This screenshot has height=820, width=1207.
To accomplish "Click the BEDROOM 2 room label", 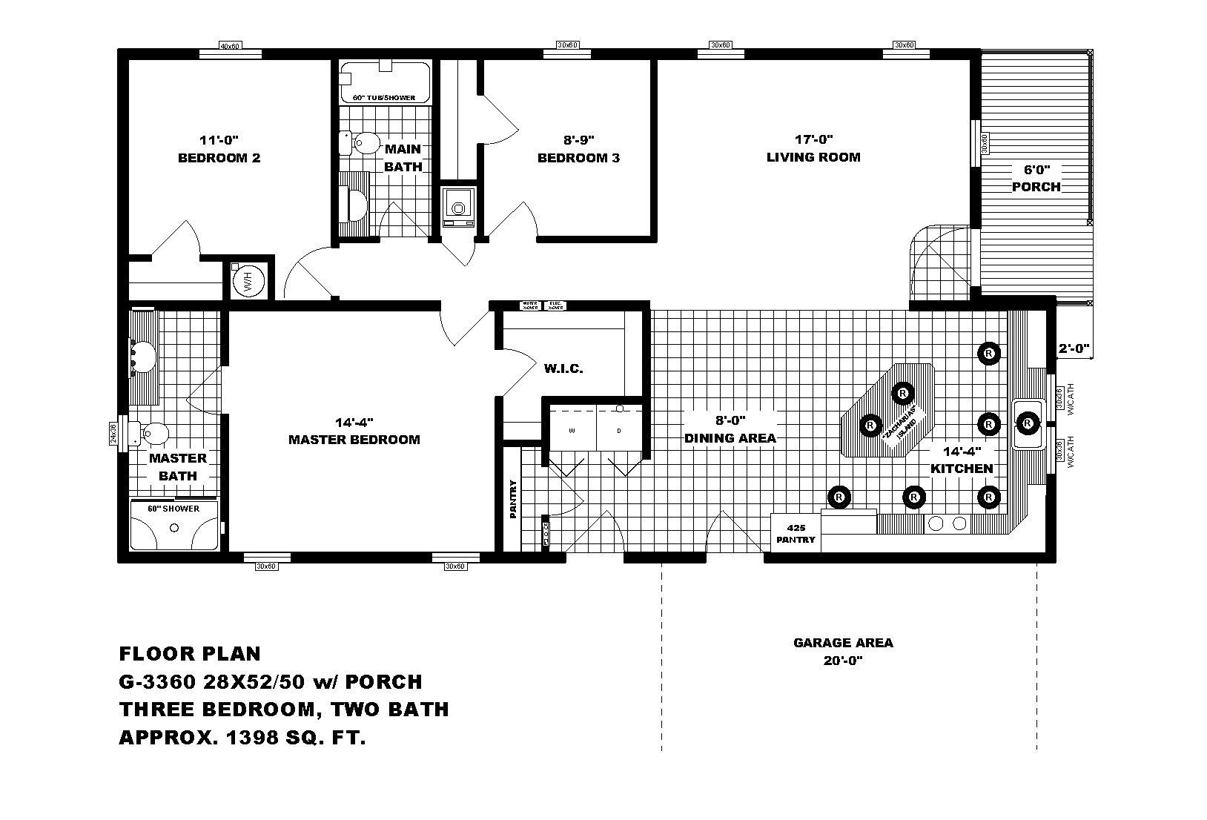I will tap(219, 158).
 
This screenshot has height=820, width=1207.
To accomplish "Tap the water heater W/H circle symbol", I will tap(248, 282).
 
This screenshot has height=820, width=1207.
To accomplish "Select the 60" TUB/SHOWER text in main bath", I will tap(384, 98).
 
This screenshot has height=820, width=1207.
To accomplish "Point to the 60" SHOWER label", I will tap(173, 509).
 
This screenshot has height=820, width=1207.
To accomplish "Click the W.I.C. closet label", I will tap(563, 368).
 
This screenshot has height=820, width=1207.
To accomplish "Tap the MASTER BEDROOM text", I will tap(354, 440).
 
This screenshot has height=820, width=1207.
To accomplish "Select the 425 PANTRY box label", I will tap(796, 533).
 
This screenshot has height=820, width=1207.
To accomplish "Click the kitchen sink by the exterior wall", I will tap(1028, 424).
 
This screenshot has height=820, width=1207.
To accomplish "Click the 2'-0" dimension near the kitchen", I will tap(1073, 347).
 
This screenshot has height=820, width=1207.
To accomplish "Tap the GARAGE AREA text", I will tap(843, 643).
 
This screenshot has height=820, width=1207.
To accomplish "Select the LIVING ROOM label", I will tap(813, 157).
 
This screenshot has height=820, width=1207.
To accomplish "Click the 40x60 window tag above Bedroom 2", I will tap(231, 46).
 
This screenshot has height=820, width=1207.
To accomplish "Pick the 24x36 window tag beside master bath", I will tap(113, 432).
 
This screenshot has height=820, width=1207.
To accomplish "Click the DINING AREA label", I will tap(730, 438).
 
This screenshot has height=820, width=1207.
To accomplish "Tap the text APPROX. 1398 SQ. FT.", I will tap(242, 738).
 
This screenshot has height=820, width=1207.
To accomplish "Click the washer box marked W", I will tap(572, 431).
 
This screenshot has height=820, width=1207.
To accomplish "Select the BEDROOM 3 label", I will tap(578, 158).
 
